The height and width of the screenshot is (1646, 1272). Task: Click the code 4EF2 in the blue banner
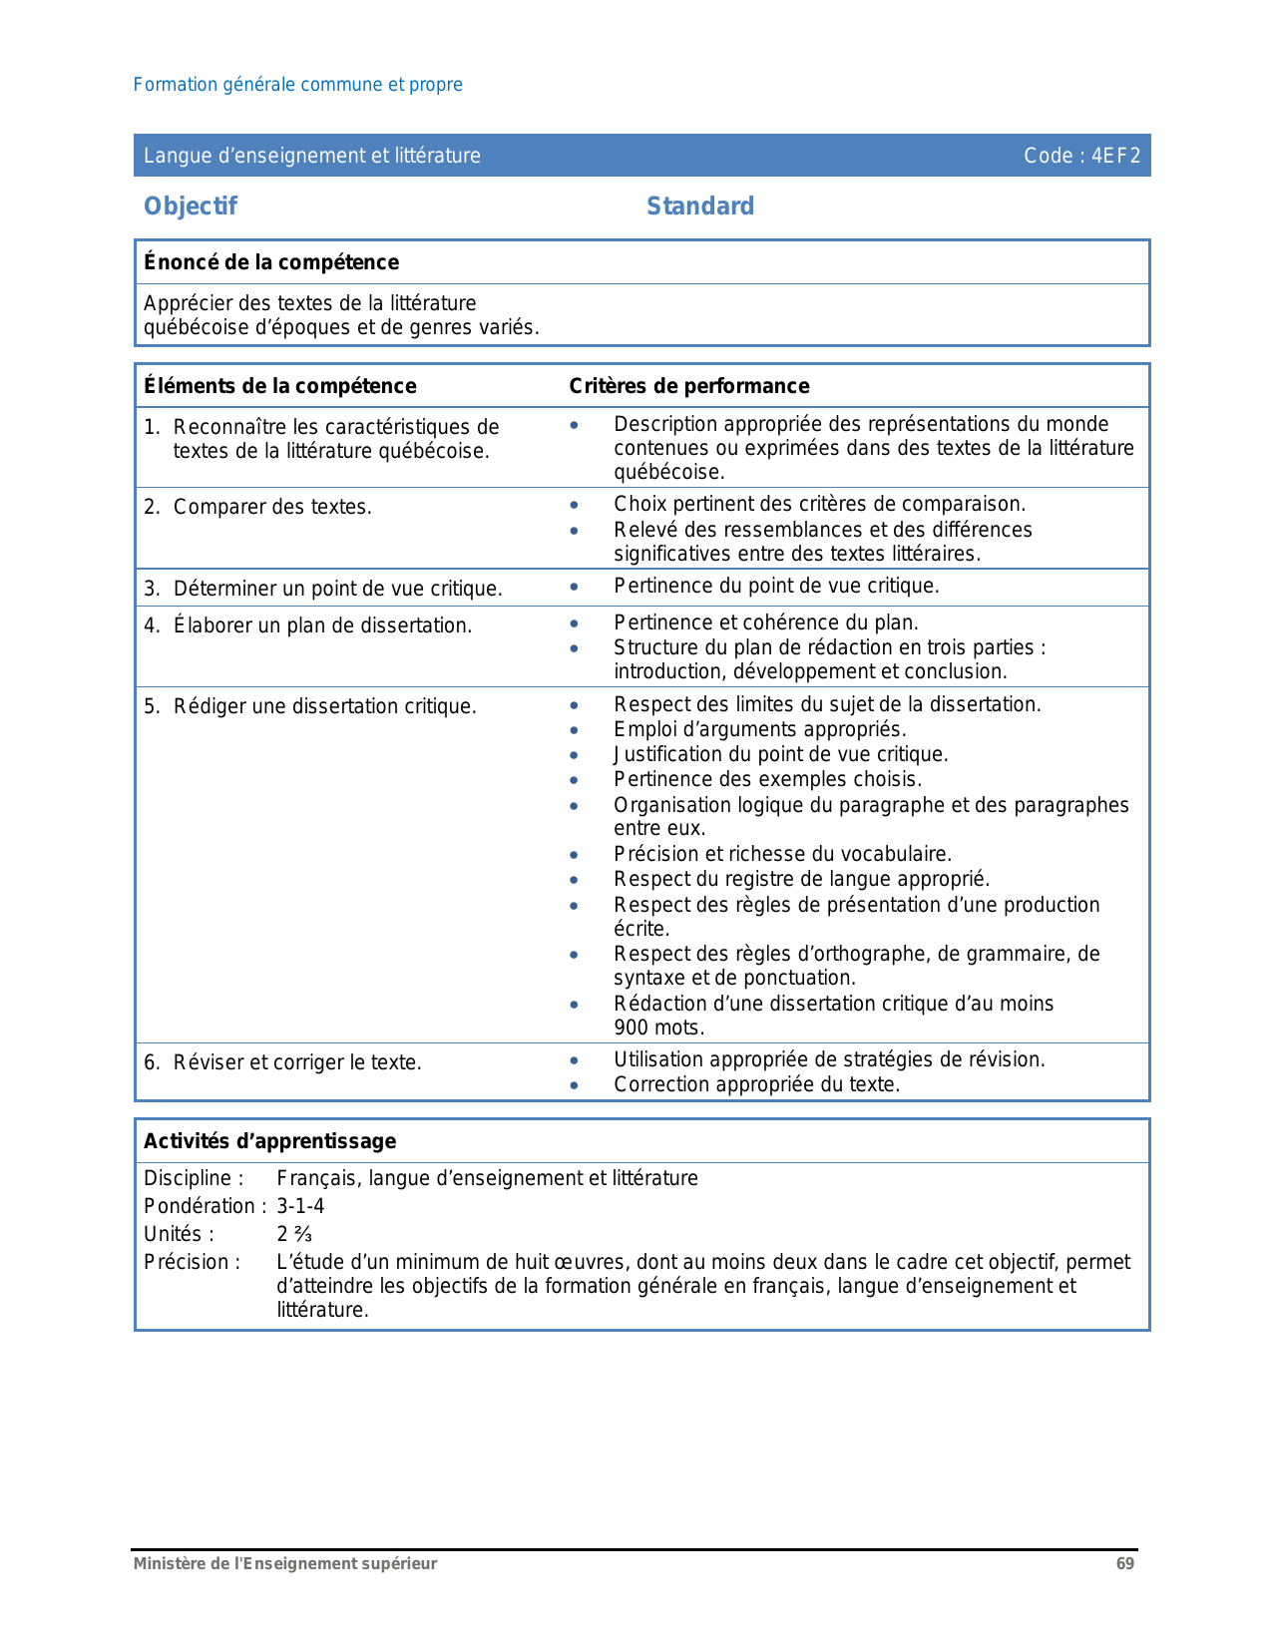(1114, 156)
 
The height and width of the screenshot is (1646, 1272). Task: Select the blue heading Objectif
(191, 206)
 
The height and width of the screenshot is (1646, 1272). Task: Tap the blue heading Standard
(700, 206)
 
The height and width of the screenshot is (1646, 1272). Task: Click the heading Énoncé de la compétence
(271, 262)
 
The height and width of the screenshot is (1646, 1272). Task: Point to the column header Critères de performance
(689, 386)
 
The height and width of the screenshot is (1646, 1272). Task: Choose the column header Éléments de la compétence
(280, 386)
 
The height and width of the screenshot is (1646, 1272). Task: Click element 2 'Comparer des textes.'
(272, 507)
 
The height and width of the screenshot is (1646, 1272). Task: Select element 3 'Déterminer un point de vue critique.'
(337, 589)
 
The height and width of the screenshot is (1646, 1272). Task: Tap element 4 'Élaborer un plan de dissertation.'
(322, 625)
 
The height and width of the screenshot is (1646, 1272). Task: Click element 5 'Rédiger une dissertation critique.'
(324, 706)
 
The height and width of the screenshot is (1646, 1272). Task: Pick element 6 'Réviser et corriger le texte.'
(297, 1062)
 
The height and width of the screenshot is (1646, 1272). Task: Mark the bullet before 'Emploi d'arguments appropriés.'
(574, 730)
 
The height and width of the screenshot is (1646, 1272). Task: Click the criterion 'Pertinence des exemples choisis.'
(767, 779)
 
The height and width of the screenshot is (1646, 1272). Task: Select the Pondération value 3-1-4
(300, 1206)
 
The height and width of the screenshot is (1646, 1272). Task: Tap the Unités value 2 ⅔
(294, 1234)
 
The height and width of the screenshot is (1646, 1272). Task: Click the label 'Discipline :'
(194, 1178)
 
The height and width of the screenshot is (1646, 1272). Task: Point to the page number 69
(1124, 1563)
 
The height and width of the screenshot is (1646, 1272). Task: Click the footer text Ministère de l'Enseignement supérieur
(285, 1563)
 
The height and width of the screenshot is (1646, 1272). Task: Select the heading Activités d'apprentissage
(270, 1141)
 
